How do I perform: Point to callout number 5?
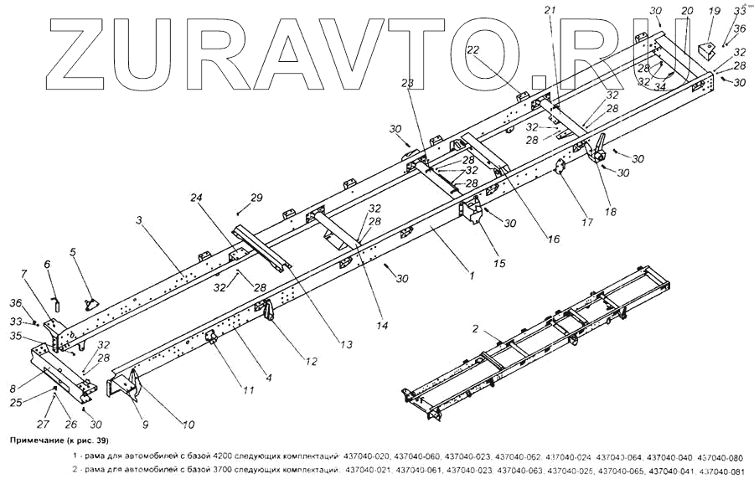pyautogui.click(x=73, y=251)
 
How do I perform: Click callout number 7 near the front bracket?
pyautogui.click(x=23, y=275)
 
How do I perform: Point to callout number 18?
pyautogui.click(x=610, y=213)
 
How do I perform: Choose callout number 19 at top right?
pyautogui.click(x=714, y=11)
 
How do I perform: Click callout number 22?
pyautogui.click(x=473, y=51)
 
